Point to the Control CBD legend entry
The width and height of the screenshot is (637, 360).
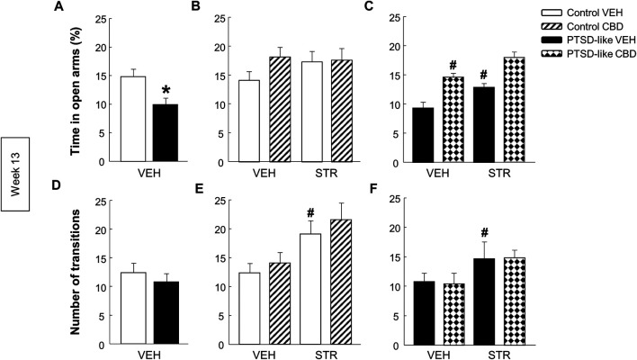[560, 28]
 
